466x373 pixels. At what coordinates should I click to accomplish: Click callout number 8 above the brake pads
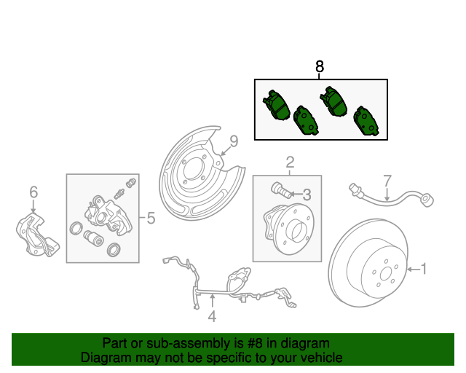319,67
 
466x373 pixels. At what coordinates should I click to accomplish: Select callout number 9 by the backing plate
234,141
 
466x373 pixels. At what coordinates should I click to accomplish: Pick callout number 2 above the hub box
289,162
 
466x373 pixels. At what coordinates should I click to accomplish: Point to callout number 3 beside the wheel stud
307,195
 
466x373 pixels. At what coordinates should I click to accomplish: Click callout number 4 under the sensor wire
212,316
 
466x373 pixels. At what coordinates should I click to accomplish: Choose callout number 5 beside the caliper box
151,218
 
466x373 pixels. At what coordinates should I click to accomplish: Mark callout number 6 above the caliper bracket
33,192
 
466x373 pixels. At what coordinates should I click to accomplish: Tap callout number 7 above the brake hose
387,179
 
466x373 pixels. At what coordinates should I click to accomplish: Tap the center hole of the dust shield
191,176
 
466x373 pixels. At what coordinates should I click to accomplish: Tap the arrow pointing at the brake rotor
412,270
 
